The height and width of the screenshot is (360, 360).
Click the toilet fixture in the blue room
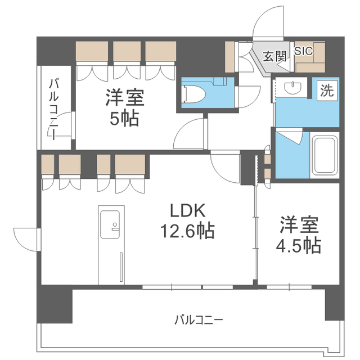(x=193, y=94)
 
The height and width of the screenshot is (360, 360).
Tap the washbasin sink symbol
(x=292, y=88)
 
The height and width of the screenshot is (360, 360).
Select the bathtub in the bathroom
(x=325, y=155)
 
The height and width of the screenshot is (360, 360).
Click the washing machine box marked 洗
(x=327, y=91)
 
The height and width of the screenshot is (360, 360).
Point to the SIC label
(x=304, y=51)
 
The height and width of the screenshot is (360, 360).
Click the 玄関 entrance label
(x=275, y=56)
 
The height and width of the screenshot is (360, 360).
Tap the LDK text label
(x=187, y=211)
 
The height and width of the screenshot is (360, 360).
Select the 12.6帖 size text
(x=187, y=231)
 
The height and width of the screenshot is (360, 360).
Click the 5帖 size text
(x=124, y=119)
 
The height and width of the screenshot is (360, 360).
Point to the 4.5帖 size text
(x=298, y=245)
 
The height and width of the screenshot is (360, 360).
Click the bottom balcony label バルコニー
(x=199, y=320)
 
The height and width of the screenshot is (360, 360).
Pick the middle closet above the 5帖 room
(x=127, y=51)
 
